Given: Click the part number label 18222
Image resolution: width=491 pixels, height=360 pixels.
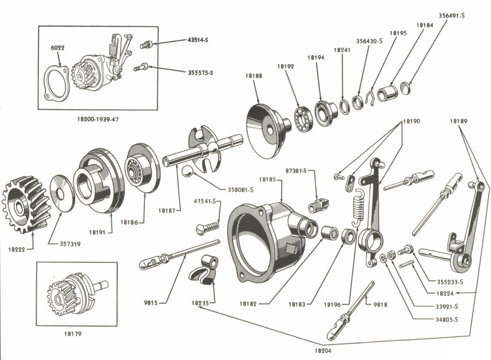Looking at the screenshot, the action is click(16, 250).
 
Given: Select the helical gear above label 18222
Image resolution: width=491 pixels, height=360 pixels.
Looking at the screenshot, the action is click(24, 205).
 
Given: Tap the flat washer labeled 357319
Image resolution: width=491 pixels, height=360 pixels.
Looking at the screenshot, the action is click(62, 194).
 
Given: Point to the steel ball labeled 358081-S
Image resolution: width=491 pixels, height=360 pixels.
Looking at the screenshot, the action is click(188, 172).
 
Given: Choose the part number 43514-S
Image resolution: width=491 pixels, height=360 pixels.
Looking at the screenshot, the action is click(198, 40).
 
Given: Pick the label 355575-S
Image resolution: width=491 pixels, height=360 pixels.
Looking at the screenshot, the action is click(200, 73).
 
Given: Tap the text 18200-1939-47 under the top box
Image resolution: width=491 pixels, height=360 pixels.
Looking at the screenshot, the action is click(98, 120).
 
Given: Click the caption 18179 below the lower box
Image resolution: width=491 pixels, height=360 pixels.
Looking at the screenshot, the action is click(73, 334).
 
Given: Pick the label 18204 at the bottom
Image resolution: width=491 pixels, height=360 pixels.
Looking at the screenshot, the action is click(323, 351).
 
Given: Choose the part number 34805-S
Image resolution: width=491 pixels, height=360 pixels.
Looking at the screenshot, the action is click(447, 320).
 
